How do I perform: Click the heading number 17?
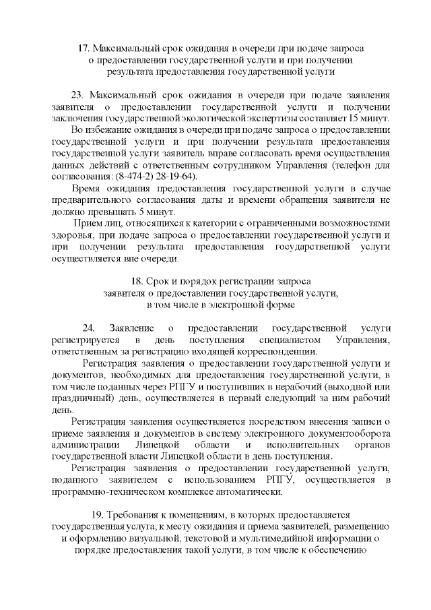coord(84,49)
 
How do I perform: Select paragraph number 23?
coord(77,94)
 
